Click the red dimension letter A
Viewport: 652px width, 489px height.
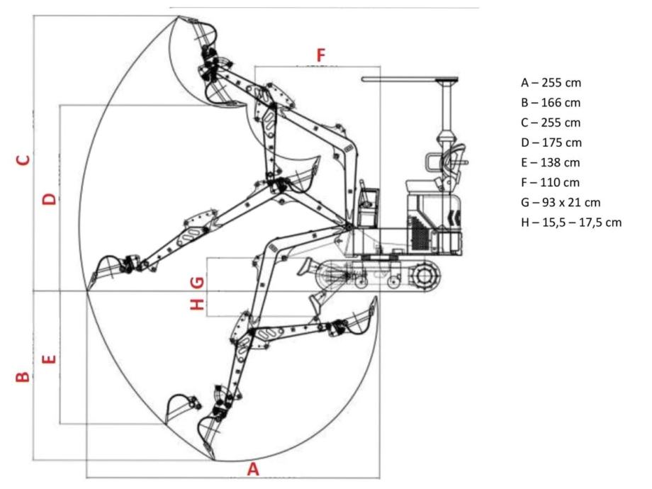(253, 469)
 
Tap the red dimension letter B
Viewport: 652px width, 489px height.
(23, 376)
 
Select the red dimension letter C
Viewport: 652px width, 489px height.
(23, 160)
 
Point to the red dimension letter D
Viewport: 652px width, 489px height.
(50, 198)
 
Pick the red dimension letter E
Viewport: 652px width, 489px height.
(50, 359)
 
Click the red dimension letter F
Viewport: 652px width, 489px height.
(321, 55)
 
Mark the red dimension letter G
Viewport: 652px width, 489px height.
(197, 283)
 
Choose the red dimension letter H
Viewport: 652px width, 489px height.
(197, 305)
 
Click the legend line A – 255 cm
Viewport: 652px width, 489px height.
(551, 83)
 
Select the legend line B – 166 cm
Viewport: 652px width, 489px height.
(551, 103)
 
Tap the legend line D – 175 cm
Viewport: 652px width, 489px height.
(551, 142)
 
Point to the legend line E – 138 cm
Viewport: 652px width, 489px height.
(551, 162)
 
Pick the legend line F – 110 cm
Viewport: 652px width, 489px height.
(550, 183)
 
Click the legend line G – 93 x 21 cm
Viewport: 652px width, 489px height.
(561, 203)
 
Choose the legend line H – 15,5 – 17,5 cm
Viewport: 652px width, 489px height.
(571, 223)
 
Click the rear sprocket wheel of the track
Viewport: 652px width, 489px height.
(424, 276)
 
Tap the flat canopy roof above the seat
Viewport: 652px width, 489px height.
(410, 79)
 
